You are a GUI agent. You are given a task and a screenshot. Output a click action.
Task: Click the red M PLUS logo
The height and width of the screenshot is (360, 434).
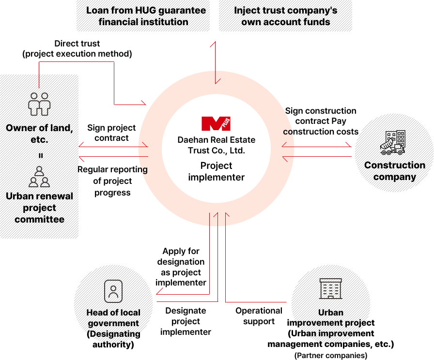216,123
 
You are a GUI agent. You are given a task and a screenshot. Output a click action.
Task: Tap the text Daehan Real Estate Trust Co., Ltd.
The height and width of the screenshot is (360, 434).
216,145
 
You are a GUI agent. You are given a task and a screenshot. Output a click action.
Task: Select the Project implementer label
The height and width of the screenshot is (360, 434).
216,171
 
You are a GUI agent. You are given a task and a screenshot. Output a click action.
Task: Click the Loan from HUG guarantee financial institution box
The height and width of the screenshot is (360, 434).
143,16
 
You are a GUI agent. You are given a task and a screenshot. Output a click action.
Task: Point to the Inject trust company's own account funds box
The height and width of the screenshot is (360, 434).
286,16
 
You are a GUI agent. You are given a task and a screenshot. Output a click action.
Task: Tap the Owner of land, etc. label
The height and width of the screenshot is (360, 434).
39,134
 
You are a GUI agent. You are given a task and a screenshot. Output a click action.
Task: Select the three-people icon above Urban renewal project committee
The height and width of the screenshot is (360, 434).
39,177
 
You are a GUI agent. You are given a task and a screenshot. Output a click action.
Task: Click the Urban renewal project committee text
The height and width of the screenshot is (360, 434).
39,208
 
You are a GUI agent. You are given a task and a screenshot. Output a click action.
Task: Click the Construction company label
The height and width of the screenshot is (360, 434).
395,171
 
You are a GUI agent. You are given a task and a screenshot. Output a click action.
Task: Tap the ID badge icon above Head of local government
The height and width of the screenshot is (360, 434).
113,291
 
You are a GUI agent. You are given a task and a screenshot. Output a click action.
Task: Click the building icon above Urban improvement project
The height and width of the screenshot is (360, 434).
331,289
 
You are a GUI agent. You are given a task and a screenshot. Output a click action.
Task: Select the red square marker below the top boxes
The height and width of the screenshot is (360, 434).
212,45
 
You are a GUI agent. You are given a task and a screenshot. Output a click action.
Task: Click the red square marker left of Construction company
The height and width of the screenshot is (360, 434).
348,144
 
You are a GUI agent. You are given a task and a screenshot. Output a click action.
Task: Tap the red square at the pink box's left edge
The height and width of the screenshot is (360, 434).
143,103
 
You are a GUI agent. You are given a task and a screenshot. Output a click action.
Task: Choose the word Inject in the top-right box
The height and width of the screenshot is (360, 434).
246,10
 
